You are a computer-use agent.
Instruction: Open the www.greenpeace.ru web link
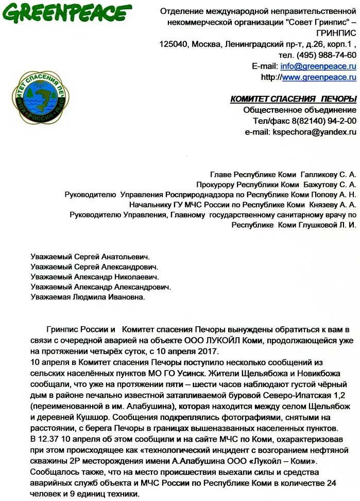[x=319, y=77]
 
